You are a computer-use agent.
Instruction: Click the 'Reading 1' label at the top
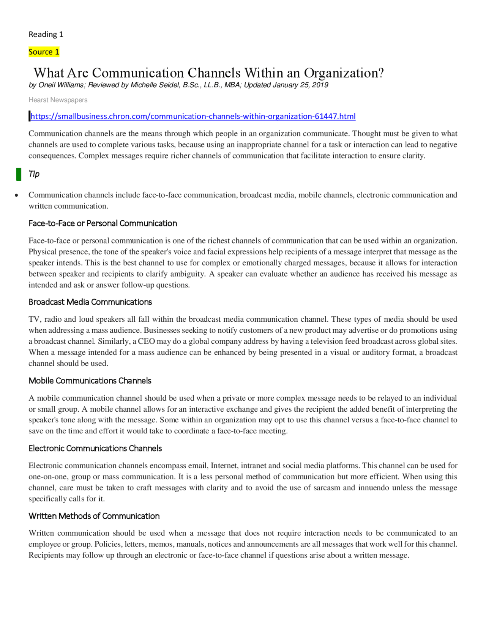tap(46, 35)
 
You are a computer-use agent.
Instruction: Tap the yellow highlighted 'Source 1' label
tap(44, 52)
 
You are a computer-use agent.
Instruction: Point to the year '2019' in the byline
tap(320, 85)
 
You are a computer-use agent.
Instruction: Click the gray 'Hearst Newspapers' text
tap(58, 100)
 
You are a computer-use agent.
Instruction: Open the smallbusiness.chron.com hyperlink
tap(193, 116)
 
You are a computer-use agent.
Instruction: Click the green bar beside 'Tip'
tap(19, 174)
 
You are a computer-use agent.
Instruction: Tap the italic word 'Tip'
tap(34, 174)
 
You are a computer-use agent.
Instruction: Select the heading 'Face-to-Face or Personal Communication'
tap(103, 223)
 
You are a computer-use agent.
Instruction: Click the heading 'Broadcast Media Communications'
tap(90, 302)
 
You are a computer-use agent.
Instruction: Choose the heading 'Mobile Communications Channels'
tap(90, 381)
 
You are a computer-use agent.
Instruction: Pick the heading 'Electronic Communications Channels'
tap(95, 448)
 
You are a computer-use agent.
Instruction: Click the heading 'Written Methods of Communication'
tap(94, 516)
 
